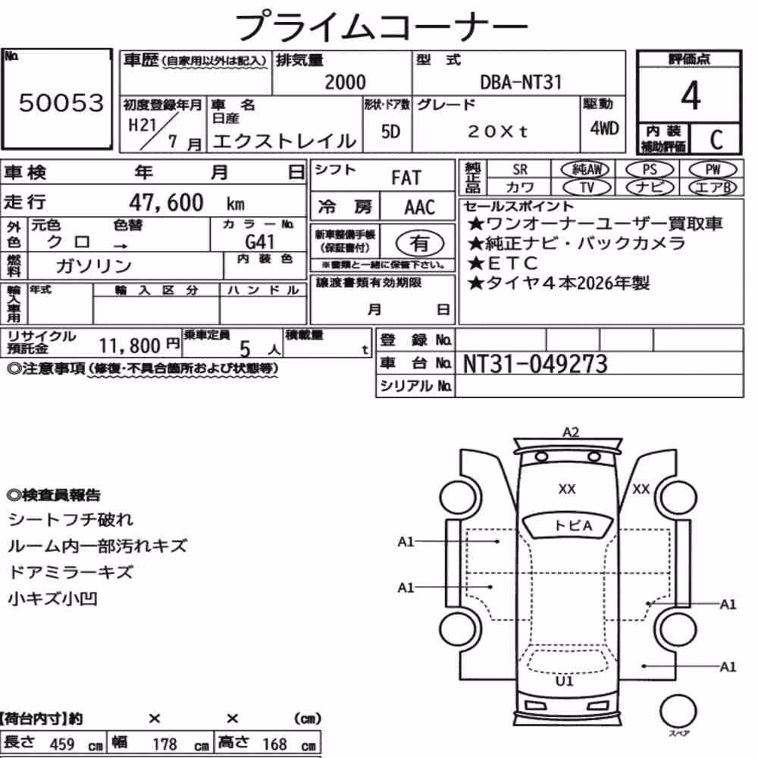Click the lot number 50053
[x=61, y=102]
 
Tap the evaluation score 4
[x=691, y=96]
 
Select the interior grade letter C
[x=716, y=139]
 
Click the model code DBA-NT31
[x=521, y=82]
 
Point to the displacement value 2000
[x=345, y=82]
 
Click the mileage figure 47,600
[x=166, y=202]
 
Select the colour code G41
[x=259, y=241]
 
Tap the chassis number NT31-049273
[x=534, y=364]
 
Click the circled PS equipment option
[x=650, y=169]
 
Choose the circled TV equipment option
[x=587, y=187]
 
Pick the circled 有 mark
[x=420, y=243]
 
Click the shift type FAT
[x=406, y=178]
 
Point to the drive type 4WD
[x=604, y=129]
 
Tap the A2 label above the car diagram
[x=571, y=432]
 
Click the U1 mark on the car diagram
[x=564, y=681]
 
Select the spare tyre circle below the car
[x=678, y=712]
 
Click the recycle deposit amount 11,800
[x=130, y=346]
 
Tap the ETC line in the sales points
[x=503, y=263]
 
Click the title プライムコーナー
[x=381, y=26]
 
